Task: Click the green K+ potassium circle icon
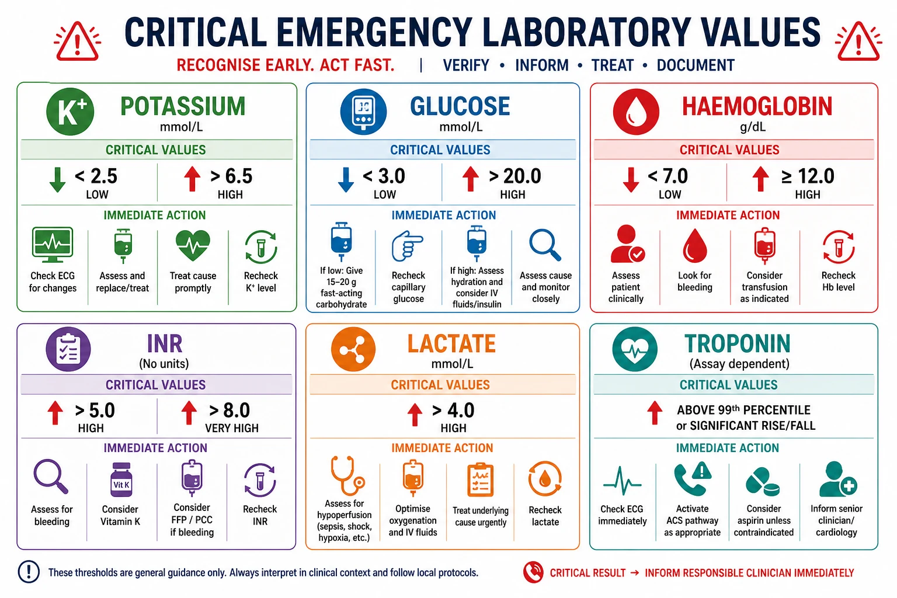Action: click(x=70, y=112)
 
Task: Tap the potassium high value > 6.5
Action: click(x=231, y=176)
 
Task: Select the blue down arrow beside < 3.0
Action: click(x=346, y=180)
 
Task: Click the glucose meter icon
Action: click(x=364, y=112)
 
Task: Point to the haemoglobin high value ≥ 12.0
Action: click(x=808, y=176)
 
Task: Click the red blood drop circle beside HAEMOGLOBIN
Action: click(x=636, y=112)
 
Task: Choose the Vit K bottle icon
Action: click(x=121, y=480)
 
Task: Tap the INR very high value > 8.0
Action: click(x=230, y=411)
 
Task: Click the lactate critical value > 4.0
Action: click(x=453, y=411)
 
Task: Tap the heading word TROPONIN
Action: click(x=738, y=343)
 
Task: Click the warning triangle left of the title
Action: click(x=77, y=41)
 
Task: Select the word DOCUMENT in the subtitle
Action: click(x=696, y=65)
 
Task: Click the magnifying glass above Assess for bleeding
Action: click(x=51, y=476)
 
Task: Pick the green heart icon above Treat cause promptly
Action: click(x=193, y=245)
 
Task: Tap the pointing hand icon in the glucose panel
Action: click(x=407, y=245)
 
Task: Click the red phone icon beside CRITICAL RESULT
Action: click(x=533, y=572)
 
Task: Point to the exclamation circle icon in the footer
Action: click(x=29, y=572)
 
